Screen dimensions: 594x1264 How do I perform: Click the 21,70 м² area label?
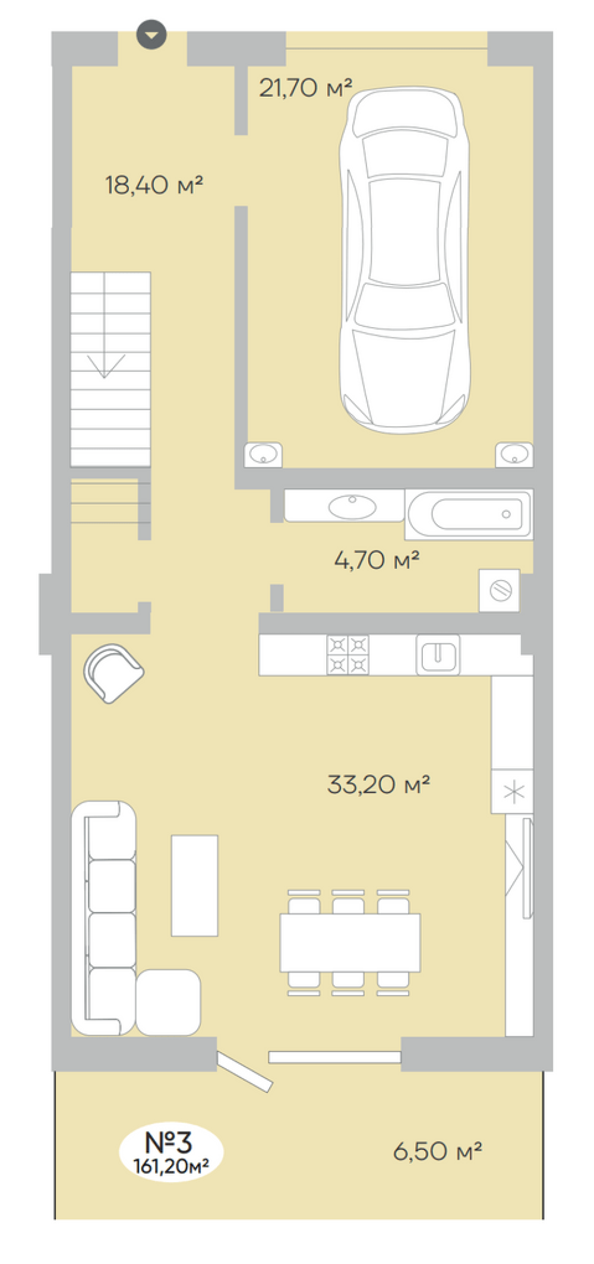tap(305, 88)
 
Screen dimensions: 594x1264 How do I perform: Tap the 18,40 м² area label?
tap(154, 185)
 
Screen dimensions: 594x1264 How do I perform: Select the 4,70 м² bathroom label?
tap(377, 560)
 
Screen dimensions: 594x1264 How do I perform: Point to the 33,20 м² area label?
tap(378, 784)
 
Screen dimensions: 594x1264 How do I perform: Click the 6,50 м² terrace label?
tap(437, 1151)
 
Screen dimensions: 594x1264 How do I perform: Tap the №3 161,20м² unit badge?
tap(171, 1152)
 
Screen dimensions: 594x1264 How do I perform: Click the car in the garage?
tap(405, 260)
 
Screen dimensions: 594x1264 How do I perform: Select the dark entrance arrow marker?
tap(151, 34)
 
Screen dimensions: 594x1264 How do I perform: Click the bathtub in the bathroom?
tap(469, 514)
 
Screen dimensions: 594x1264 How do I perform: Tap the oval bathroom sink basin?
tap(352, 507)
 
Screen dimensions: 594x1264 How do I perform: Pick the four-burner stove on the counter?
tap(348, 655)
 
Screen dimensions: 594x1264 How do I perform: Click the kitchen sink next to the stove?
tap(438, 655)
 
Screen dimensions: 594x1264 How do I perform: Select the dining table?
tap(350, 942)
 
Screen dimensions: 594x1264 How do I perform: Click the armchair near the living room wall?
tap(113, 674)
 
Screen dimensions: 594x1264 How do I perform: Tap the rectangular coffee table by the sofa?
tap(195, 885)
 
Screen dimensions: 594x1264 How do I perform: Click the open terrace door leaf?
tap(245, 1072)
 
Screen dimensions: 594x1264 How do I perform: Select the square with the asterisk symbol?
tap(512, 791)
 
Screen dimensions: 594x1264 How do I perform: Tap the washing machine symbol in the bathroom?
tap(500, 591)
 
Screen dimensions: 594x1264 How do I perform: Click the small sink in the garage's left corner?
tap(263, 455)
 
